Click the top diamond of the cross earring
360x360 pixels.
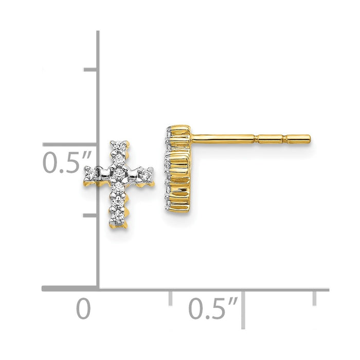click(119, 147)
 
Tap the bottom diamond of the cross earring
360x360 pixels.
click(119, 220)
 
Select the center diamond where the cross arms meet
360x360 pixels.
click(119, 173)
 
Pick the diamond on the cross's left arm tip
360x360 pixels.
click(89, 174)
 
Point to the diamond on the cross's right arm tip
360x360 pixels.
click(148, 174)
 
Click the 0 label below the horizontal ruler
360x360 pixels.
click(83, 309)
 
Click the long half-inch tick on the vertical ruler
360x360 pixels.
click(72, 145)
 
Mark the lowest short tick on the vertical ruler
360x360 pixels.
click(91, 215)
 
